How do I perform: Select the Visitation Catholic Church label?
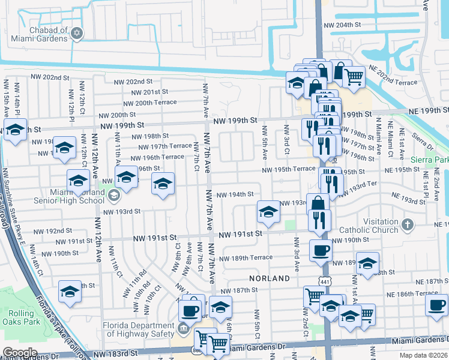pos(369,225)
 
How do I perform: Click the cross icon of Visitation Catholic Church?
pos(408,225)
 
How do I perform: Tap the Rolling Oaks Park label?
pos(22,314)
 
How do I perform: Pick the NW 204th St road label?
pos(343,26)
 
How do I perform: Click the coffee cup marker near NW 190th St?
pos(320,250)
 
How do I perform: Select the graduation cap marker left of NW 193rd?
pos(268,211)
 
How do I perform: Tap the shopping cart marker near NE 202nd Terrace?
pos(354,76)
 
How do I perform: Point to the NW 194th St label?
pos(235,194)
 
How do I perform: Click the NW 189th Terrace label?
pos(246,258)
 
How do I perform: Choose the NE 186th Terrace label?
pos(412,294)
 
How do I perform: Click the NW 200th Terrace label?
pos(147,103)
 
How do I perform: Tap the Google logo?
pos(20,353)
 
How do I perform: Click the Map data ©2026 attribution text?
pos(422,355)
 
